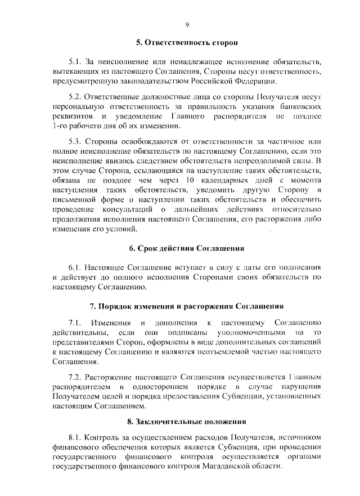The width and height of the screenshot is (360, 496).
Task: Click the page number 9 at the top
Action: click(187, 24)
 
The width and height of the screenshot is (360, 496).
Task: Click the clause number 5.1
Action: click(75, 61)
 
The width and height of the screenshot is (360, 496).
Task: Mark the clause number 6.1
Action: click(75, 266)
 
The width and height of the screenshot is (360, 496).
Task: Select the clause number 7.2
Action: click(75, 377)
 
